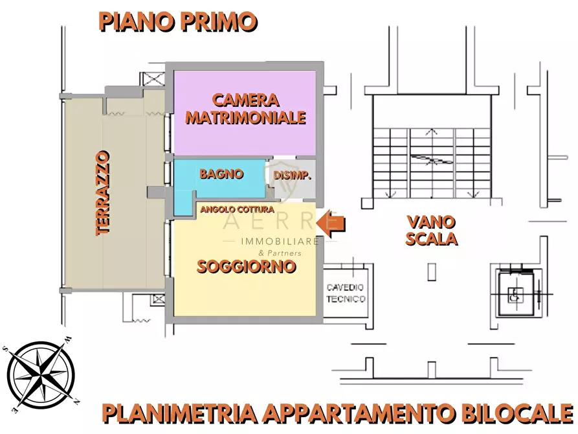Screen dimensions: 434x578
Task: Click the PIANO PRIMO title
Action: pyautogui.click(x=178, y=21)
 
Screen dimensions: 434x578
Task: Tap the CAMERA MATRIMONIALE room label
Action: pyautogui.click(x=245, y=109)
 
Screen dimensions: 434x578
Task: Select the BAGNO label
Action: pyautogui.click(x=221, y=174)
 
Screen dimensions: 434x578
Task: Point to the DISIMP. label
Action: pyautogui.click(x=293, y=176)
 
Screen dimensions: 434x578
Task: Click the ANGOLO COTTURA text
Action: pyautogui.click(x=237, y=210)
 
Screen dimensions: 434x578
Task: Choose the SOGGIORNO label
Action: pyautogui.click(x=247, y=266)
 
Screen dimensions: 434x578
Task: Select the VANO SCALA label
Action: pyautogui.click(x=431, y=230)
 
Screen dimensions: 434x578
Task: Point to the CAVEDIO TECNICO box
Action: pyautogui.click(x=346, y=293)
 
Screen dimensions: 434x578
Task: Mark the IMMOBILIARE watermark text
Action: pyautogui.click(x=280, y=242)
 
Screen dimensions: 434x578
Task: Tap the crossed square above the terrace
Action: pyautogui.click(x=155, y=80)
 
